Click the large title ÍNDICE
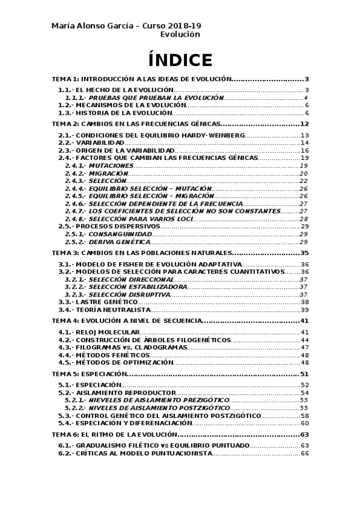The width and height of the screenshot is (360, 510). tap(180, 60)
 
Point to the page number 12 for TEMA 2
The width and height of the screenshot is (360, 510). tap(304, 124)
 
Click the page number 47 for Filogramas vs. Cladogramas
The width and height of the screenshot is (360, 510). tap(305, 347)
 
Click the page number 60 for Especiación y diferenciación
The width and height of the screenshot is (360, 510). tap(305, 423)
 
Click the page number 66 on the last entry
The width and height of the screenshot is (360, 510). tap(305, 453)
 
